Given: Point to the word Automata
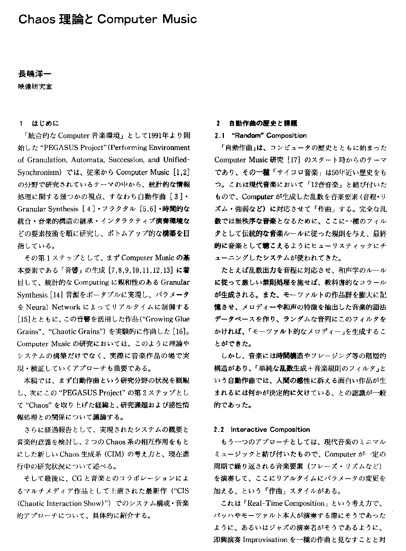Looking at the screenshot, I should (x=87, y=160).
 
